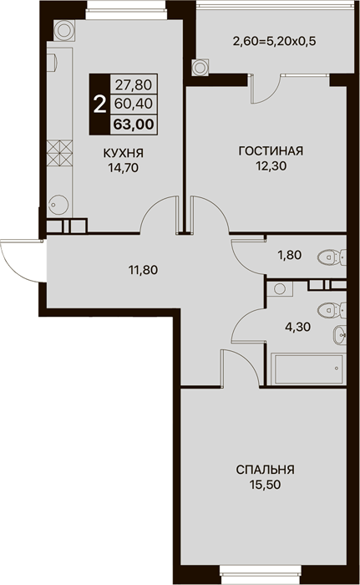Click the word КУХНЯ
123,153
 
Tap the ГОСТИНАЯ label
271,151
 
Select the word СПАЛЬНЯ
266,470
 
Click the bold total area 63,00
134,125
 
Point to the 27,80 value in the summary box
134,85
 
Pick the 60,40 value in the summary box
134,104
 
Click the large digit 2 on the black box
99,104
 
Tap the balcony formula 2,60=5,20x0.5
274,41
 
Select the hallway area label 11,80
144,269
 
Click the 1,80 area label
289,255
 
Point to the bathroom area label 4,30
297,328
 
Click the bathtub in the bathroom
308,369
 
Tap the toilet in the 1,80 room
332,257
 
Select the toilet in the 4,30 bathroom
332,309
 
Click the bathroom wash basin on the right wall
340,335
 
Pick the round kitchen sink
58,204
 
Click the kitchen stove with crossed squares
59,153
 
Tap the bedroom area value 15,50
266,485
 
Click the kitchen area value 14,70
123,168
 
